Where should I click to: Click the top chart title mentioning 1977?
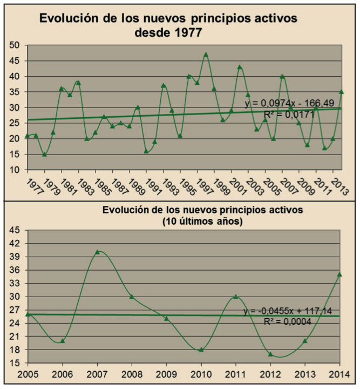tap(168, 25)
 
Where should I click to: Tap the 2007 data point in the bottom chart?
tap(97, 252)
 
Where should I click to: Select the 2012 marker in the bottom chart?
tap(270, 354)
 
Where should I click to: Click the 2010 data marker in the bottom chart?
tap(201, 350)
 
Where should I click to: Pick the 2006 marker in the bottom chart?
tap(62, 341)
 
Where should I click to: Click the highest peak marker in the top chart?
tap(206, 55)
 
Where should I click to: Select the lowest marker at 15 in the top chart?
tap(44, 154)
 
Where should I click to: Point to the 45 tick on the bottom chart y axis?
tap(13, 230)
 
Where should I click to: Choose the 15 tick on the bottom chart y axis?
tap(13, 363)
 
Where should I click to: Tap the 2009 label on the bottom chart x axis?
tap(167, 374)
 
